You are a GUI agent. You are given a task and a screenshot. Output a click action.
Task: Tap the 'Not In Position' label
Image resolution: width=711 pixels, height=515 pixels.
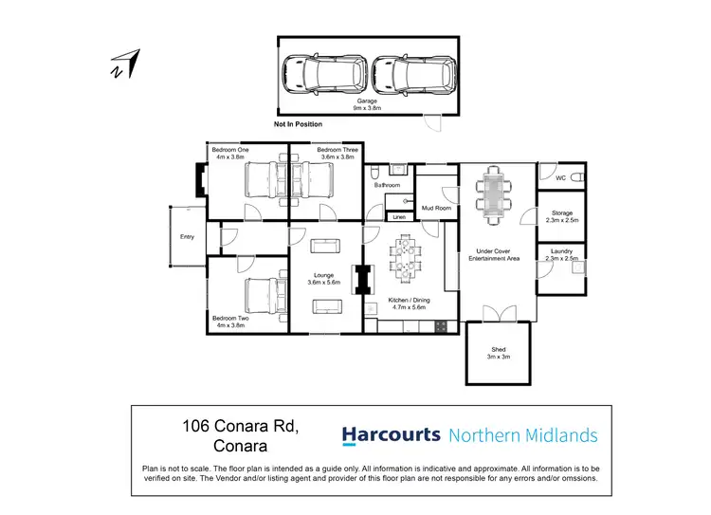[x=298, y=124]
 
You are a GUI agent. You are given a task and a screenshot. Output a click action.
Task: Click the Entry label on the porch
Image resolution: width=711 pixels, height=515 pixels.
[x=187, y=236]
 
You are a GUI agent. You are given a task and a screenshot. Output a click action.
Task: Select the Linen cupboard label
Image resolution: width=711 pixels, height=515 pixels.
[x=399, y=216]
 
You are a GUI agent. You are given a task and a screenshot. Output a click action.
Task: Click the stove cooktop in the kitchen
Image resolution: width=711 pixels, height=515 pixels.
[x=441, y=326]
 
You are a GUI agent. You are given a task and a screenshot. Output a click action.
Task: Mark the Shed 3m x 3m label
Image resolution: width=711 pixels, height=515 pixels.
[x=499, y=354]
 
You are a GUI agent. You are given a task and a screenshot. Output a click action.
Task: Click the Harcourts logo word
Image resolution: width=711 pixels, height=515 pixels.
[x=391, y=435]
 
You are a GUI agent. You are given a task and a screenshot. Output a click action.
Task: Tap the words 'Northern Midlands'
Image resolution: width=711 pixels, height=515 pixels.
[x=522, y=436]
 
